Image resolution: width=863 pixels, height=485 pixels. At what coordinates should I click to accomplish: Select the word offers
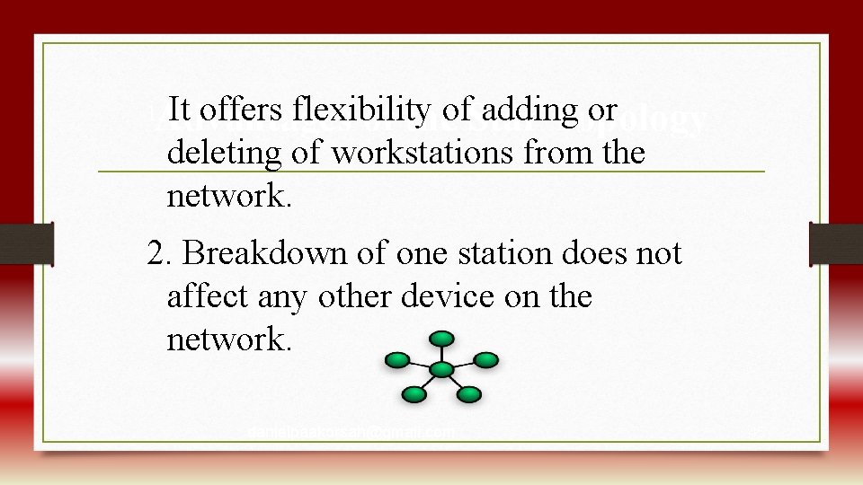coord(240,110)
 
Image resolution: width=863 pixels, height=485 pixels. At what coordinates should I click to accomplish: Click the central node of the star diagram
coord(441,368)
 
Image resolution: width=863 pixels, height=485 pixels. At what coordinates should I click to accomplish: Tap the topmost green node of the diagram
coord(441,339)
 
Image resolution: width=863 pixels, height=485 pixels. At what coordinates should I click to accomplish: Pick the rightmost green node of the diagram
coord(485,360)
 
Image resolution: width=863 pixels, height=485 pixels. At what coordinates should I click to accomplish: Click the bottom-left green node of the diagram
coord(414,393)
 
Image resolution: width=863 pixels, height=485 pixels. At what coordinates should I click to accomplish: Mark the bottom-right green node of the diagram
coord(470,393)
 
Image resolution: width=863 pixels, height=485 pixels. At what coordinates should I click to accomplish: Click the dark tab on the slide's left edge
coord(26,243)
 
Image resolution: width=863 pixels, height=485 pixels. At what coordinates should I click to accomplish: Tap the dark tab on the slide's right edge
coord(836,243)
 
